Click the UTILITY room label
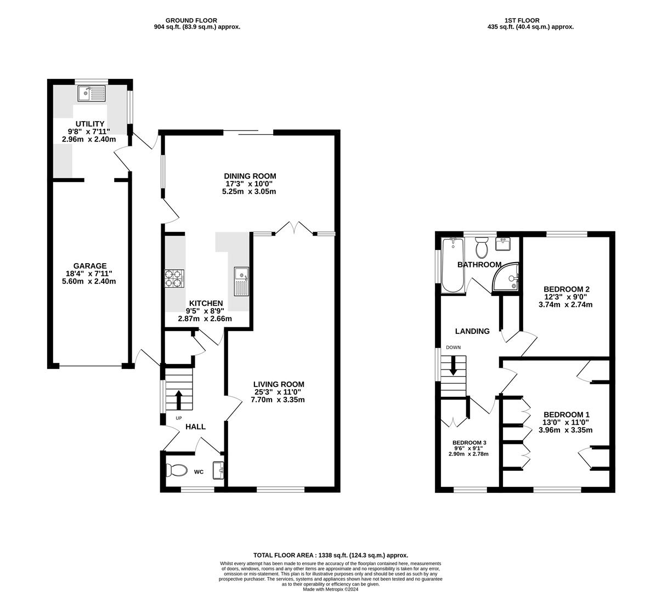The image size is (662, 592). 90,124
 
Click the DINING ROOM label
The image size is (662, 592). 250,176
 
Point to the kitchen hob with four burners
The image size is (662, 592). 174,279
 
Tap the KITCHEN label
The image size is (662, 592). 206,303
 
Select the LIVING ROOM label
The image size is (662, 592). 279,384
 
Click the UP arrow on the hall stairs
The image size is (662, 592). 179,400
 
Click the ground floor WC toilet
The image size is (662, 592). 177,470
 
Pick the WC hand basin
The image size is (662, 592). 219,470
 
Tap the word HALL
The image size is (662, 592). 195,426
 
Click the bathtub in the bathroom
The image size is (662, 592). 452,265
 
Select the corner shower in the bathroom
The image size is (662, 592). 506,277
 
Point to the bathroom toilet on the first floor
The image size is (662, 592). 482,248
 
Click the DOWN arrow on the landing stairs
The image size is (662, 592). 453,366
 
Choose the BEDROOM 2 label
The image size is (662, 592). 567,289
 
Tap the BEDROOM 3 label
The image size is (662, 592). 469,443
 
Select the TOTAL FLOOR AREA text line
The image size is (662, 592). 331,555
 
